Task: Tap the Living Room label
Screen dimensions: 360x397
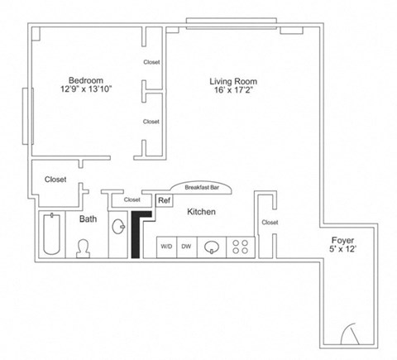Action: click(x=233, y=81)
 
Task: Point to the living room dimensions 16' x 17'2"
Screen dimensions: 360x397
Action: click(x=233, y=91)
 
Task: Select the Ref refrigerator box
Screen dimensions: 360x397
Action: click(x=164, y=200)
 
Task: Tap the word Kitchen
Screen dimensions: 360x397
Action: click(x=202, y=212)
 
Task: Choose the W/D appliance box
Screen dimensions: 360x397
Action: click(x=166, y=246)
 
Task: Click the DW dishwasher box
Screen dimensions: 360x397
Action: click(x=187, y=246)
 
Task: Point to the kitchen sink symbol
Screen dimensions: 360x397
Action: click(x=213, y=246)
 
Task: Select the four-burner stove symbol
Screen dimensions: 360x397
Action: click(x=240, y=246)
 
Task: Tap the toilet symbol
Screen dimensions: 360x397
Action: click(x=84, y=247)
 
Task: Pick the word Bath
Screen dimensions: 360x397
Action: click(x=88, y=219)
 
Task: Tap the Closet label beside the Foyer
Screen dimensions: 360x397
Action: click(x=270, y=222)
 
